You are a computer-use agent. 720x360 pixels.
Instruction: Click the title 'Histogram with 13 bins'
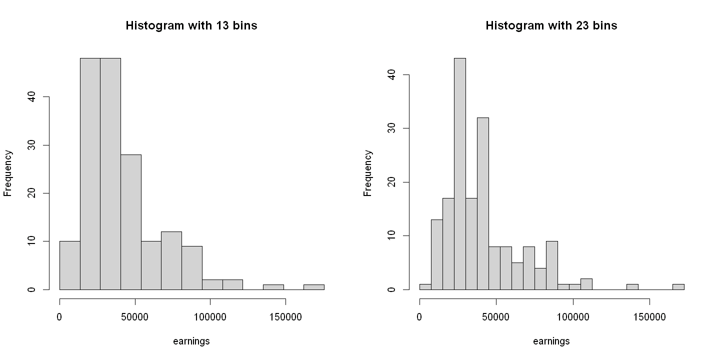click(191, 25)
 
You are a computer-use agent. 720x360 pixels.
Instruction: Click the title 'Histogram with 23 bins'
click(551, 25)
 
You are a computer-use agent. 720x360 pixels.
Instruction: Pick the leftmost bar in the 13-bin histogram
click(69, 265)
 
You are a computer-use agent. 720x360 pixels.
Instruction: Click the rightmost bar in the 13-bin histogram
click(313, 287)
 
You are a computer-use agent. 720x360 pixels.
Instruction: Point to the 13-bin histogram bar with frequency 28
click(130, 222)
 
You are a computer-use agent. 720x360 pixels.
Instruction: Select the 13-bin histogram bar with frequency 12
click(171, 260)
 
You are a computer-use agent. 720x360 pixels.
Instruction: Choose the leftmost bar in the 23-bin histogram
click(425, 287)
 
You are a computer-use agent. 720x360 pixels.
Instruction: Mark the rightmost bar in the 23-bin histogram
click(678, 287)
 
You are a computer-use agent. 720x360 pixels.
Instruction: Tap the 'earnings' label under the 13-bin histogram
click(191, 341)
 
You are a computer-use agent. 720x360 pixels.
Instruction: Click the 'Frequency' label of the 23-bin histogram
click(368, 173)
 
